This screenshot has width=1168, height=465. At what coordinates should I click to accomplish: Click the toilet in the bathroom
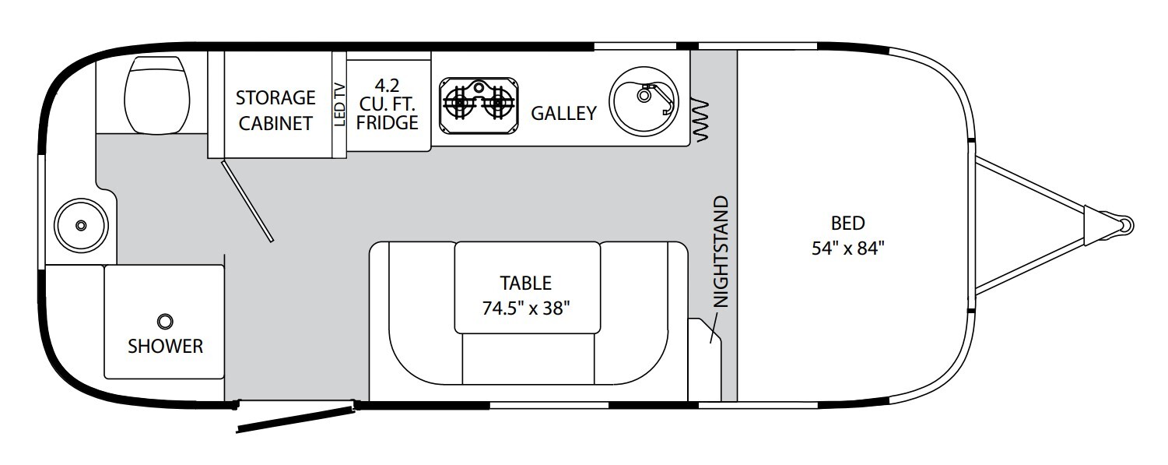(x=157, y=94)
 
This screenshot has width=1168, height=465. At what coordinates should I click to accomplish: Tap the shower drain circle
(x=165, y=321)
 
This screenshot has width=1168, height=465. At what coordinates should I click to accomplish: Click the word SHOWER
(x=165, y=346)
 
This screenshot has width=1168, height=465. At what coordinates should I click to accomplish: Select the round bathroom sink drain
(x=81, y=225)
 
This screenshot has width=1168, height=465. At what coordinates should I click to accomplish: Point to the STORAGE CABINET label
(x=275, y=111)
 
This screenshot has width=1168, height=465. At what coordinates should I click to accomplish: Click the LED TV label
(x=339, y=104)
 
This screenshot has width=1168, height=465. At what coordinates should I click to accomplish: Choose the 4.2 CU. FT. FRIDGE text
(x=388, y=104)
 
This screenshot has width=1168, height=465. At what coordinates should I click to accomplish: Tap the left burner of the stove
(x=458, y=102)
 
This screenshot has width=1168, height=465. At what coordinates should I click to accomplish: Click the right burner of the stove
(x=498, y=102)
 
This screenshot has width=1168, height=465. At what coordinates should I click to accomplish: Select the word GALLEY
(x=563, y=113)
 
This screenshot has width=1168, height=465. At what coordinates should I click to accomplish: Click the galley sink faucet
(x=656, y=98)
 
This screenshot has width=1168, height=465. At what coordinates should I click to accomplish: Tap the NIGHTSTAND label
(x=720, y=252)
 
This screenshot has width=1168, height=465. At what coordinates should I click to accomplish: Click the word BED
(x=848, y=224)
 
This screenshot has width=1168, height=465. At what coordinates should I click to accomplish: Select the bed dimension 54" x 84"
(x=848, y=248)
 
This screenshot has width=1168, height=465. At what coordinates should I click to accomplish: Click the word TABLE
(x=525, y=283)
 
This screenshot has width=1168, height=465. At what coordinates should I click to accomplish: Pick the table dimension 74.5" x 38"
(x=525, y=308)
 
